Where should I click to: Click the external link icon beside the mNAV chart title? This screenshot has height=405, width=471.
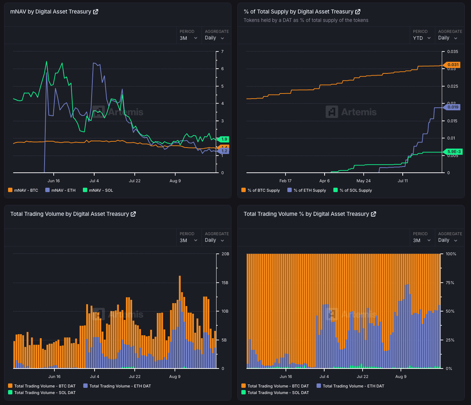coord(95,12)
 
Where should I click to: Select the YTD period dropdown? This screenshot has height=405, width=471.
coord(422,38)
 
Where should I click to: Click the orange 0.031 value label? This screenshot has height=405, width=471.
coord(451,65)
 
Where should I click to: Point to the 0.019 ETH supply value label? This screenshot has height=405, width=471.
coord(451,107)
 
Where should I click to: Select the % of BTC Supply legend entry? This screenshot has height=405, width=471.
coord(260,190)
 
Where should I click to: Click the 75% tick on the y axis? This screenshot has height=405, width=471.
coord(451,283)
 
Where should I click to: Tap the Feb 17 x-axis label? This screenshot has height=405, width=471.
coord(285,181)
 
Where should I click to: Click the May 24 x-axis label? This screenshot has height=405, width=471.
coord(363,181)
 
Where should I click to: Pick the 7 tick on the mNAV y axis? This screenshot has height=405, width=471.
coord(222,52)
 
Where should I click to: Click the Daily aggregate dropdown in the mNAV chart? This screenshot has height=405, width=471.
coord(214,38)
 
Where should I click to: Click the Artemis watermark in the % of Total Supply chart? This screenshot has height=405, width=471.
coord(351,112)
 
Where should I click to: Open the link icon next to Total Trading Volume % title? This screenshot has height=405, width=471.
coord(373,214)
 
